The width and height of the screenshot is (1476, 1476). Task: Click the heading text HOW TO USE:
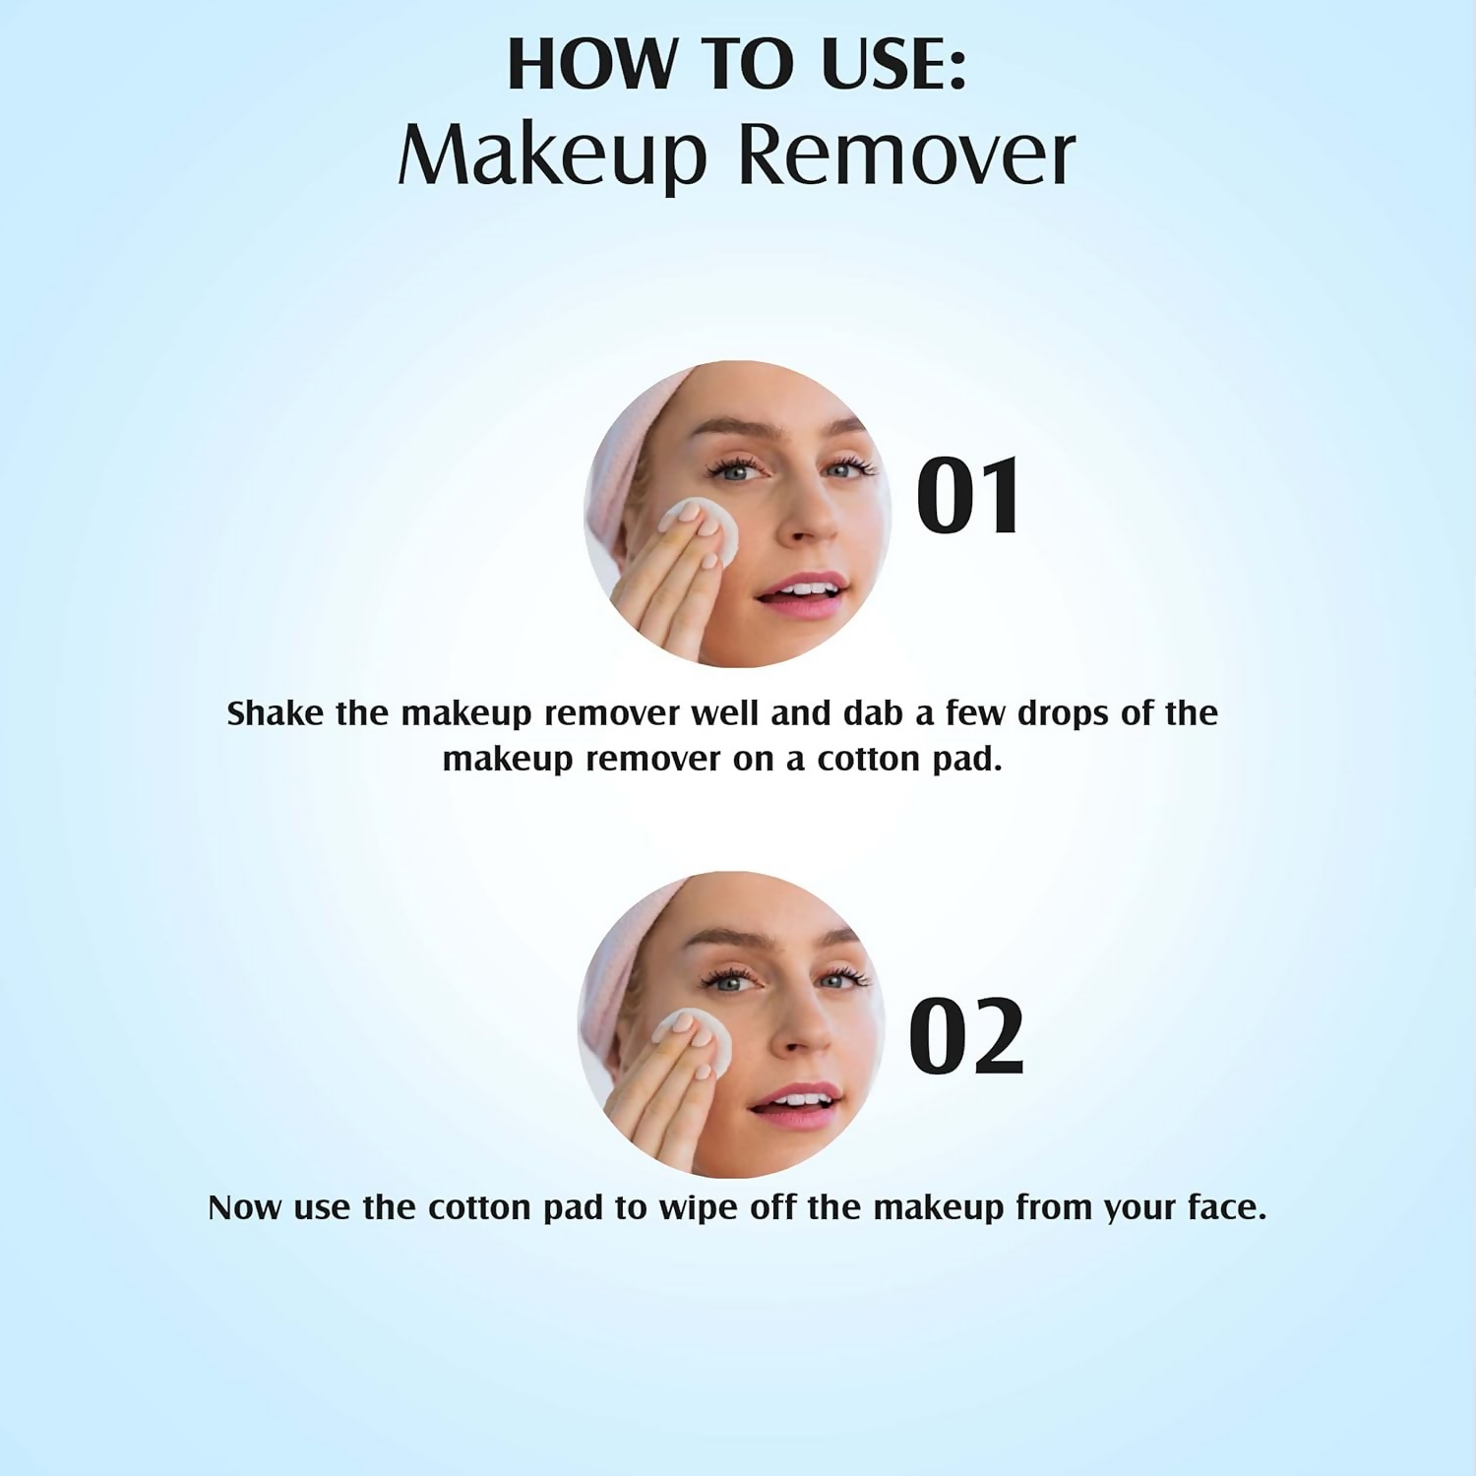[737, 65]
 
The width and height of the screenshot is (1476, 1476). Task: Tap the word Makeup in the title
[552, 155]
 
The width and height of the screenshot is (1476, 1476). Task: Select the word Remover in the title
[906, 155]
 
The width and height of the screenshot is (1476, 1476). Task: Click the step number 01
[968, 497]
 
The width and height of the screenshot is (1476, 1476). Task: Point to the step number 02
[966, 1036]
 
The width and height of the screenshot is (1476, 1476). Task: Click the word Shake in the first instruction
[275, 712]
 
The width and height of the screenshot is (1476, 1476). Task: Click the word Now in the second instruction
[245, 1207]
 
